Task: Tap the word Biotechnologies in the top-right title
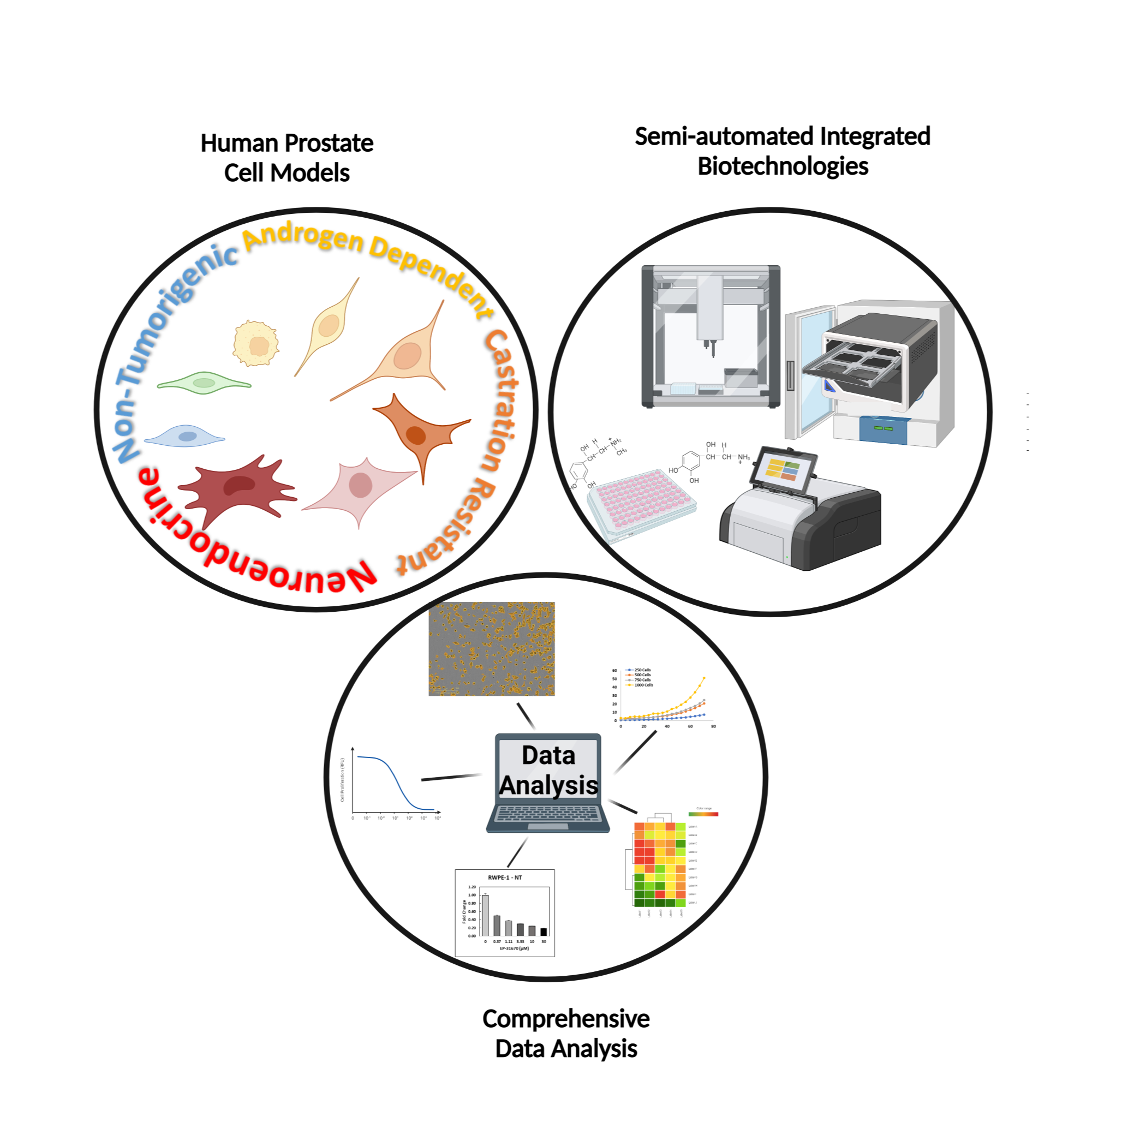click(783, 166)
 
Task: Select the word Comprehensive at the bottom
click(566, 1019)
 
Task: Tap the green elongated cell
click(204, 383)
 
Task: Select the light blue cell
click(185, 437)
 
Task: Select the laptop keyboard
click(548, 813)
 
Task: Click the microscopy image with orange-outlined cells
click(491, 648)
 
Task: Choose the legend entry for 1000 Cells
click(643, 685)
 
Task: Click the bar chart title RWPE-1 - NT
click(505, 878)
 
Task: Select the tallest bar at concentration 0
click(485, 915)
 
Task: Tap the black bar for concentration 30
click(544, 932)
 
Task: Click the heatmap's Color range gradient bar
click(703, 814)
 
